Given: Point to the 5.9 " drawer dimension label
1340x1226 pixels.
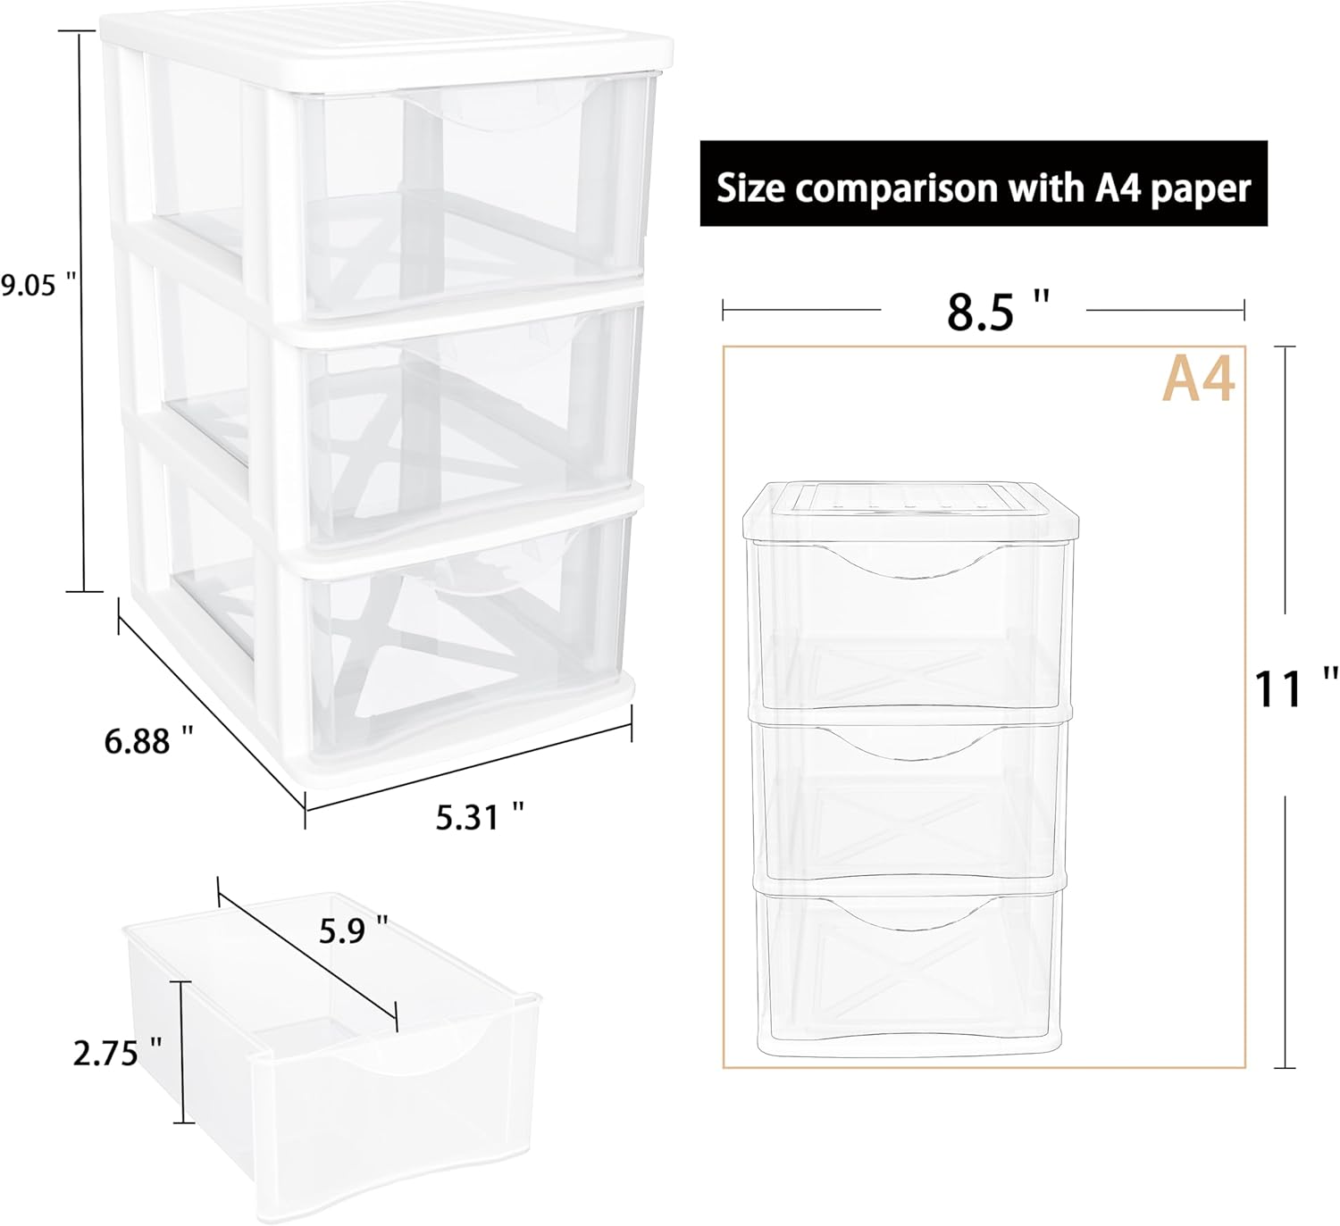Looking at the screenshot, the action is [x=343, y=931].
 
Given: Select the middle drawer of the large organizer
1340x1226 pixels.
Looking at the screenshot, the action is [x=465, y=411].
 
